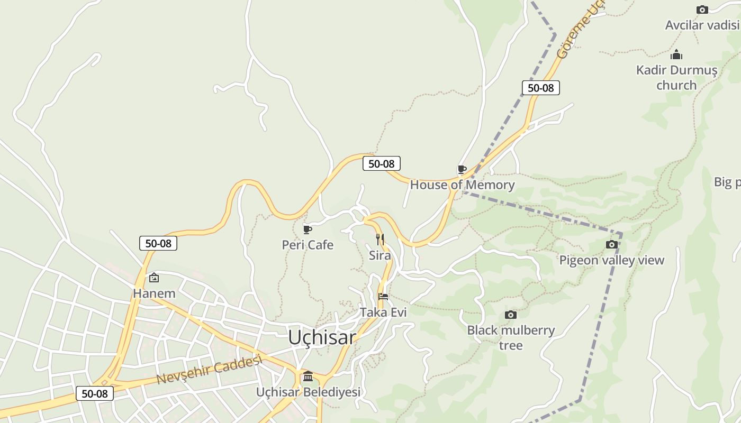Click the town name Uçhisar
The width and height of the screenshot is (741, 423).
tap(322, 337)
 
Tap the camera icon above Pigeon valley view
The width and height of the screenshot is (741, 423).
tap(612, 244)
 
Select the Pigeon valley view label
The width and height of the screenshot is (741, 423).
tap(611, 260)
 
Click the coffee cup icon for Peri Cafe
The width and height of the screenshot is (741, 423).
tap(308, 229)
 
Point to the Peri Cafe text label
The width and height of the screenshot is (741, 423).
tap(308, 245)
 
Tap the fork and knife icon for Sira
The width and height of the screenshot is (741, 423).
tap(380, 239)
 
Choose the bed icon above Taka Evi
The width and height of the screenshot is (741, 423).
tap(383, 297)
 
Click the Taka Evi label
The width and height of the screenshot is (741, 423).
tap(383, 312)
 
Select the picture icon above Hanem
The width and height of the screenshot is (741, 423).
tap(154, 278)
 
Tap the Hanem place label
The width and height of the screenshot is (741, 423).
tap(154, 293)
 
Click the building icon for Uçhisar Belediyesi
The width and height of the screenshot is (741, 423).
tap(308, 376)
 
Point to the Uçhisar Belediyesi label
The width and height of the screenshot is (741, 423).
tap(308, 392)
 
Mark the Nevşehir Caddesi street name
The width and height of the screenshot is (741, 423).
tap(210, 371)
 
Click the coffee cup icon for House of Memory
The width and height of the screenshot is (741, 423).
tap(462, 169)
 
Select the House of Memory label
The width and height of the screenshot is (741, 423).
tap(462, 185)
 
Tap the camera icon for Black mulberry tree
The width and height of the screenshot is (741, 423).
tap(511, 315)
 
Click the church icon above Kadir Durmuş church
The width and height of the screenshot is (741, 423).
tap(676, 55)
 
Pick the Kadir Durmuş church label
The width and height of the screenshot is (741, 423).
tap(676, 77)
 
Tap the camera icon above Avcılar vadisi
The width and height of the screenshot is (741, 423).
tap(702, 10)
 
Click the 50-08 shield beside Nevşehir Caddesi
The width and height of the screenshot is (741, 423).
tap(95, 394)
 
